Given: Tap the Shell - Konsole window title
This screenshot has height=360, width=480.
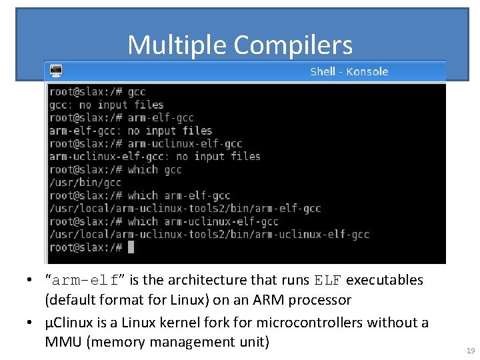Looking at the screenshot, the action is [349, 71].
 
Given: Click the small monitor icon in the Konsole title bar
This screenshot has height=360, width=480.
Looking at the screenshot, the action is [56, 70].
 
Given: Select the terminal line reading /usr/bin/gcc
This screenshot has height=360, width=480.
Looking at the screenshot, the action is [85, 183].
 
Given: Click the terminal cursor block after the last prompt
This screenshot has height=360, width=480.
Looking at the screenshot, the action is [131, 247].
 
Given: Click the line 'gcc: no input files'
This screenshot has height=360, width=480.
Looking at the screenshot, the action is [106, 105].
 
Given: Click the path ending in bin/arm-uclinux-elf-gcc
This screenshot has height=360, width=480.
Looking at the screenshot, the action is [209, 235].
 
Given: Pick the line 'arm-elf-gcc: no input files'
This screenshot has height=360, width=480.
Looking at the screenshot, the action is [130, 131].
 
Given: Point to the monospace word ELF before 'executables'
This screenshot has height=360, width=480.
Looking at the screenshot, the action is [328, 280].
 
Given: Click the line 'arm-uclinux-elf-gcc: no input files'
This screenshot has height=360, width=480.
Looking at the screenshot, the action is [155, 157].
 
